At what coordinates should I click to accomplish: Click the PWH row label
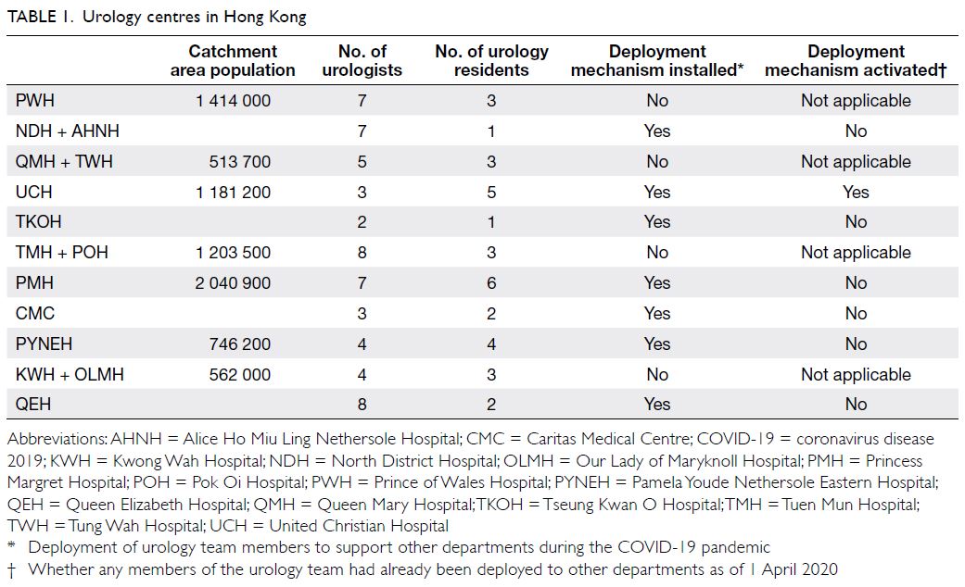(35, 100)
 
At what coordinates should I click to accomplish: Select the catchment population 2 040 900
(233, 282)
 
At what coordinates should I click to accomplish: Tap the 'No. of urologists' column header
(362, 60)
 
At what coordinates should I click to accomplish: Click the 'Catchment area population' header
(233, 60)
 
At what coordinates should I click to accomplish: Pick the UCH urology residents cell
(491, 193)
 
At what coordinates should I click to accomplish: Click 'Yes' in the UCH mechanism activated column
(856, 193)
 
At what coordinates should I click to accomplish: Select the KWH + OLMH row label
(70, 374)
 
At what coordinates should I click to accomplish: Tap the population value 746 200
(239, 343)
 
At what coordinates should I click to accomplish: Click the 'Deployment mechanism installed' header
(656, 60)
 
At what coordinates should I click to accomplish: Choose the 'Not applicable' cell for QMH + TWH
(856, 162)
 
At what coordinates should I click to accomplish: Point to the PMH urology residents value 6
(491, 282)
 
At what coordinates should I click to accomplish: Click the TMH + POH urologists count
(362, 253)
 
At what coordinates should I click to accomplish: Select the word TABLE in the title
(32, 17)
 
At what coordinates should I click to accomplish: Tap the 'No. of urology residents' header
(491, 60)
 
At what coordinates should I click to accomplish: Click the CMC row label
(35, 314)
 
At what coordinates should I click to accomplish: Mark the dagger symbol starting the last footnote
(12, 570)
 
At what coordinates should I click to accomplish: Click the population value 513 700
(239, 162)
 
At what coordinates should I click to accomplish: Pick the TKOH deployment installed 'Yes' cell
(656, 222)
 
